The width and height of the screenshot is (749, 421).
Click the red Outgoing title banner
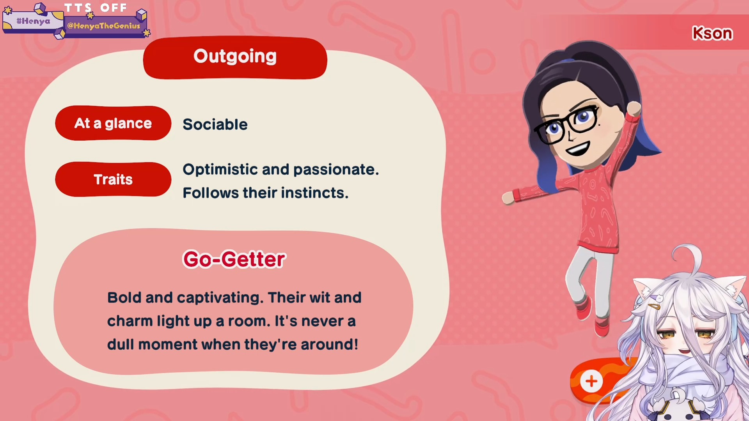click(x=235, y=58)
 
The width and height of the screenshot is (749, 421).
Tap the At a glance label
click(x=113, y=123)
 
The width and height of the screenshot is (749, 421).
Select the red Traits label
click(x=113, y=179)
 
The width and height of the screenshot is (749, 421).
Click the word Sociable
click(x=215, y=124)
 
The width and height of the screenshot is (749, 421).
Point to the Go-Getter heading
click(x=234, y=259)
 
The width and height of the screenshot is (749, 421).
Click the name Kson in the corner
click(x=712, y=34)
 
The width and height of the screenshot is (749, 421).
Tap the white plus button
click(x=591, y=381)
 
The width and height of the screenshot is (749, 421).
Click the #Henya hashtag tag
click(x=33, y=21)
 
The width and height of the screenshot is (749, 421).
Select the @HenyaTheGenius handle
click(x=103, y=26)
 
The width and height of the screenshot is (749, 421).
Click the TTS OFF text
click(x=96, y=8)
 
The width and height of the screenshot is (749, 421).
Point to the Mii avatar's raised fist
click(x=634, y=108)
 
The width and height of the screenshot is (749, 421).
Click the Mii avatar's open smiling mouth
click(x=578, y=149)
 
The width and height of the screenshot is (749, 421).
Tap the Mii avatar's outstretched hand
click(x=508, y=198)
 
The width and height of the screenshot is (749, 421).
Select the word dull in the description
click(x=121, y=344)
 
